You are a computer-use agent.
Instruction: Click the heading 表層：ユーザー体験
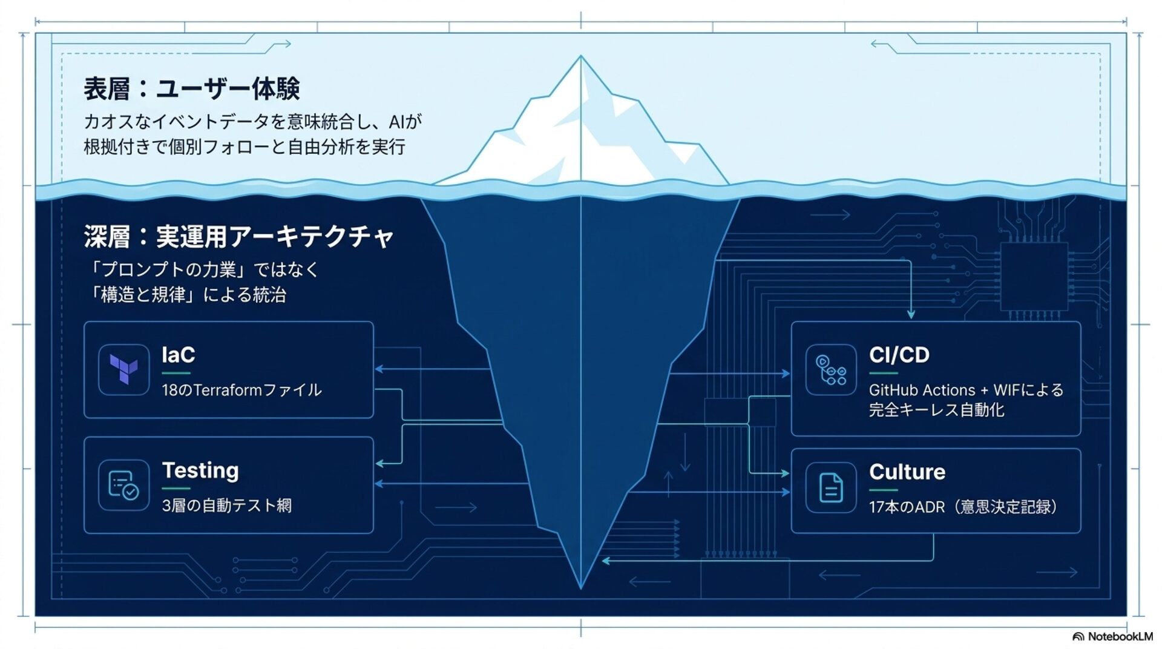click(x=191, y=89)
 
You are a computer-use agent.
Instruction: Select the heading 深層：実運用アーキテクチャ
click(x=239, y=236)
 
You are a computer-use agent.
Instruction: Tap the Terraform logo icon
click(x=124, y=369)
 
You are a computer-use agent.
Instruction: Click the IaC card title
click(x=178, y=355)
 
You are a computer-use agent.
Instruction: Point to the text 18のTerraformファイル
click(x=241, y=390)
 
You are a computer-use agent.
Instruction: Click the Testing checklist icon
click(x=124, y=485)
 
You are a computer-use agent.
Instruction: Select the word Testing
click(x=200, y=470)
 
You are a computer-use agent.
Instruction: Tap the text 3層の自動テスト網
click(x=226, y=506)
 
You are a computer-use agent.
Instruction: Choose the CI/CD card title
click(x=899, y=355)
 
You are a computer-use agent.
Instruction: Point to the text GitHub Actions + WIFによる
click(x=966, y=390)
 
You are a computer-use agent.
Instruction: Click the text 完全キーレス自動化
click(x=936, y=410)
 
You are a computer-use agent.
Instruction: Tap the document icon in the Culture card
click(x=831, y=487)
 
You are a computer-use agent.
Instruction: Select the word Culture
click(x=907, y=472)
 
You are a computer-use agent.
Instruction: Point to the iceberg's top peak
click(x=581, y=56)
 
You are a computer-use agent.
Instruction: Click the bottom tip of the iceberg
click(x=581, y=588)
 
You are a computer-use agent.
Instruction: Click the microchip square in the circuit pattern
click(x=1034, y=277)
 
